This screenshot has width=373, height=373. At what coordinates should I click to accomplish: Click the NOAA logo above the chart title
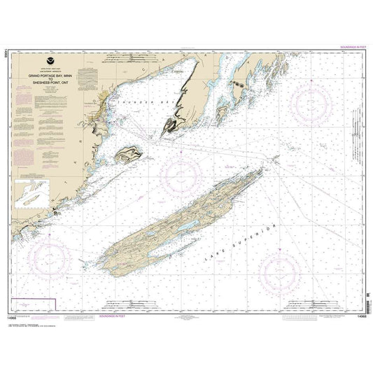point(46,61)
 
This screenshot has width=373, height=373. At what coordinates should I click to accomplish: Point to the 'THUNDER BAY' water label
point(134,103)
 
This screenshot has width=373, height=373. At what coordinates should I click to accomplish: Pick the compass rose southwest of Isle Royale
point(49,259)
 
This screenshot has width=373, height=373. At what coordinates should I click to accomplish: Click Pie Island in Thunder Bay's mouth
point(129,154)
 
